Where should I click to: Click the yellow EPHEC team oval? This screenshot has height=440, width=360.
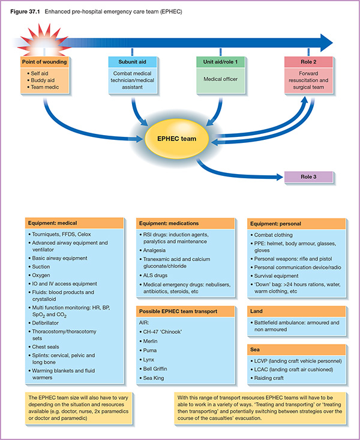pyautogui.click(x=179, y=140)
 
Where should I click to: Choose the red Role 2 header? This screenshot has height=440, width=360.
pyautogui.click(x=308, y=62)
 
